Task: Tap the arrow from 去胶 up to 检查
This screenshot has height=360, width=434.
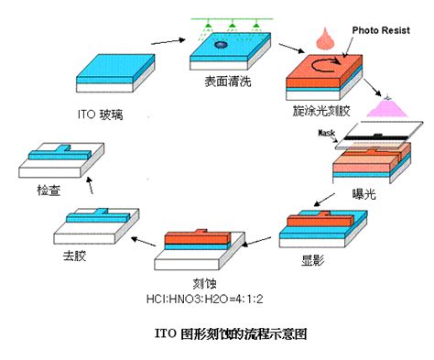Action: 89,186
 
